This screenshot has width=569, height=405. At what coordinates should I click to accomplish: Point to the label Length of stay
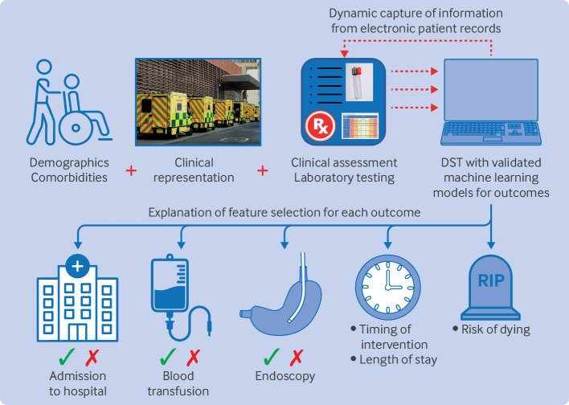[399, 359]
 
